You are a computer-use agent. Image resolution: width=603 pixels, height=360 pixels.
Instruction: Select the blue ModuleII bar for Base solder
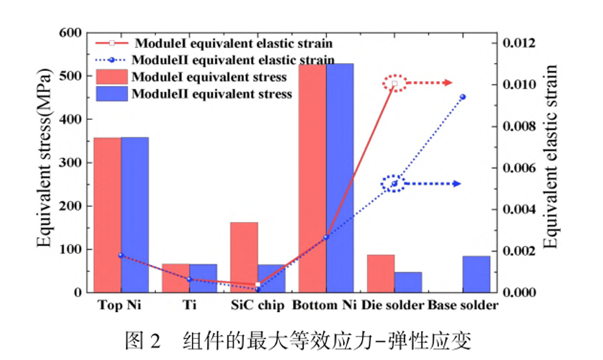[x=477, y=274]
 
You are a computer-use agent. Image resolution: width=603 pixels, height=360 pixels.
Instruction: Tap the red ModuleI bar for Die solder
[x=381, y=273]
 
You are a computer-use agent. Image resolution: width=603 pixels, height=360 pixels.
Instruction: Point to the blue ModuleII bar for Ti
[x=203, y=278]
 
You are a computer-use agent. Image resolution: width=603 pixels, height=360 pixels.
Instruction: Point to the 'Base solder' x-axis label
[x=463, y=306]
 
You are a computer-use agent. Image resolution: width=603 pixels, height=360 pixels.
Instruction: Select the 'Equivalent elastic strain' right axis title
[x=551, y=157]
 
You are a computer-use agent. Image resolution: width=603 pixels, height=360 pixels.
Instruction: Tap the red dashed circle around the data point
[x=395, y=84]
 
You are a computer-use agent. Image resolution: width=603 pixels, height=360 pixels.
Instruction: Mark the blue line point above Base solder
[x=463, y=97]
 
